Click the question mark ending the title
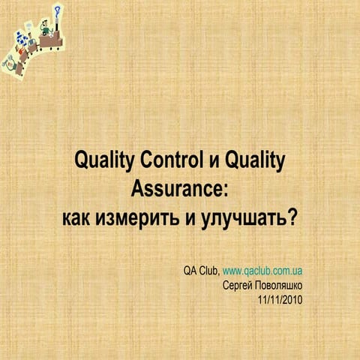293,218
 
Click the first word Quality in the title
102,160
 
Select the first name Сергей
239,285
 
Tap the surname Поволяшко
280,285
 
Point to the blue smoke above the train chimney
58,11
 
